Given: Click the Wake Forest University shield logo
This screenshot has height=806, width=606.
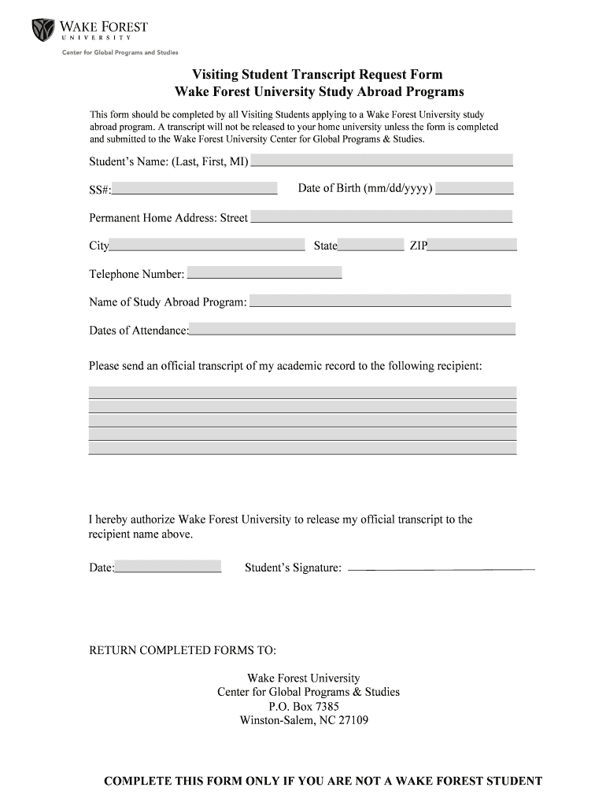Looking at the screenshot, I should [42, 30].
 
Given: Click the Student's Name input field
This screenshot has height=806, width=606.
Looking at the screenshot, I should [381, 161].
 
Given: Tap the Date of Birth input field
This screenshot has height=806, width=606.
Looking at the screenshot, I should [474, 188].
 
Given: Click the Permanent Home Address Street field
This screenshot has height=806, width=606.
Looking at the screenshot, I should [380, 216].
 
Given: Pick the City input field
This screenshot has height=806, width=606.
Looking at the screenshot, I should [206, 245].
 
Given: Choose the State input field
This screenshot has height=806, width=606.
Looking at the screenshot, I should [370, 245].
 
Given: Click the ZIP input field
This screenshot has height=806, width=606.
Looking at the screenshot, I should [472, 245].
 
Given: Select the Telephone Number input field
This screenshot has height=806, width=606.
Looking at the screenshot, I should [264, 273].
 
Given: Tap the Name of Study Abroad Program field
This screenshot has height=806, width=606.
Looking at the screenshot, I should [380, 301].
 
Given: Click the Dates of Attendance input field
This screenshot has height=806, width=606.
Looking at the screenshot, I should [352, 329].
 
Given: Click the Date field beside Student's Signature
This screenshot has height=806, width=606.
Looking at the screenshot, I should [168, 566].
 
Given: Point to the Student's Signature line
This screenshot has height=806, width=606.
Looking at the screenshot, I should [441, 568].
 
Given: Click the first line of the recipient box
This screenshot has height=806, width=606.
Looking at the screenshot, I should [302, 392].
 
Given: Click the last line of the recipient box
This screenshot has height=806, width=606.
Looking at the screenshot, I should [302, 448].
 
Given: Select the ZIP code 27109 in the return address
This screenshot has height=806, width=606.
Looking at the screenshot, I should [353, 720].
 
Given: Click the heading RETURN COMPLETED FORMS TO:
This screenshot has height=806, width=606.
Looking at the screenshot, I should [183, 651].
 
